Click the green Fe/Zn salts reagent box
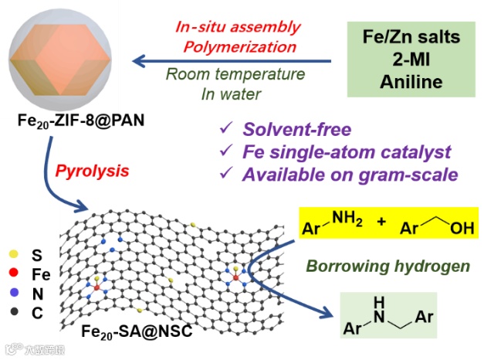tap(407, 58)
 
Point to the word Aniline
tap(407, 81)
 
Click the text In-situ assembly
tap(237, 27)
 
